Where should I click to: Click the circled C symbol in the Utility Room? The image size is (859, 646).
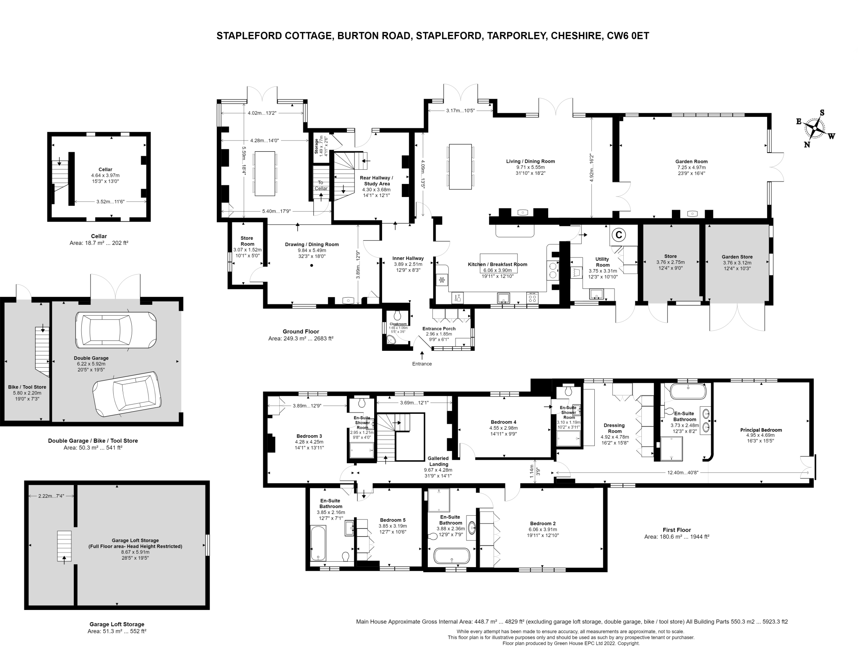[x=618, y=235]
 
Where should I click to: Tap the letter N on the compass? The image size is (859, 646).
[x=807, y=145]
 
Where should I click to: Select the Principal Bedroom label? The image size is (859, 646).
[x=761, y=430]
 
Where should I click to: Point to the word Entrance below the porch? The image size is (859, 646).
[x=422, y=364]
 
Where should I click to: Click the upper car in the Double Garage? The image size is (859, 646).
[x=115, y=330]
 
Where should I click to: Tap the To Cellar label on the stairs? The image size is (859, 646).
[x=321, y=185]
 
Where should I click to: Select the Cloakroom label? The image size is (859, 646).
[x=398, y=324]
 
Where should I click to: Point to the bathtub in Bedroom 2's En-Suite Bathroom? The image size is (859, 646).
[x=452, y=556]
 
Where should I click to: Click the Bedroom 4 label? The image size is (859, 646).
[x=503, y=422]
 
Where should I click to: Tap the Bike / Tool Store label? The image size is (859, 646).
[x=27, y=387]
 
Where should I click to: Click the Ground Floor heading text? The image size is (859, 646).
[x=301, y=331]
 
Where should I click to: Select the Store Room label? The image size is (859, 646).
[x=247, y=241]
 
